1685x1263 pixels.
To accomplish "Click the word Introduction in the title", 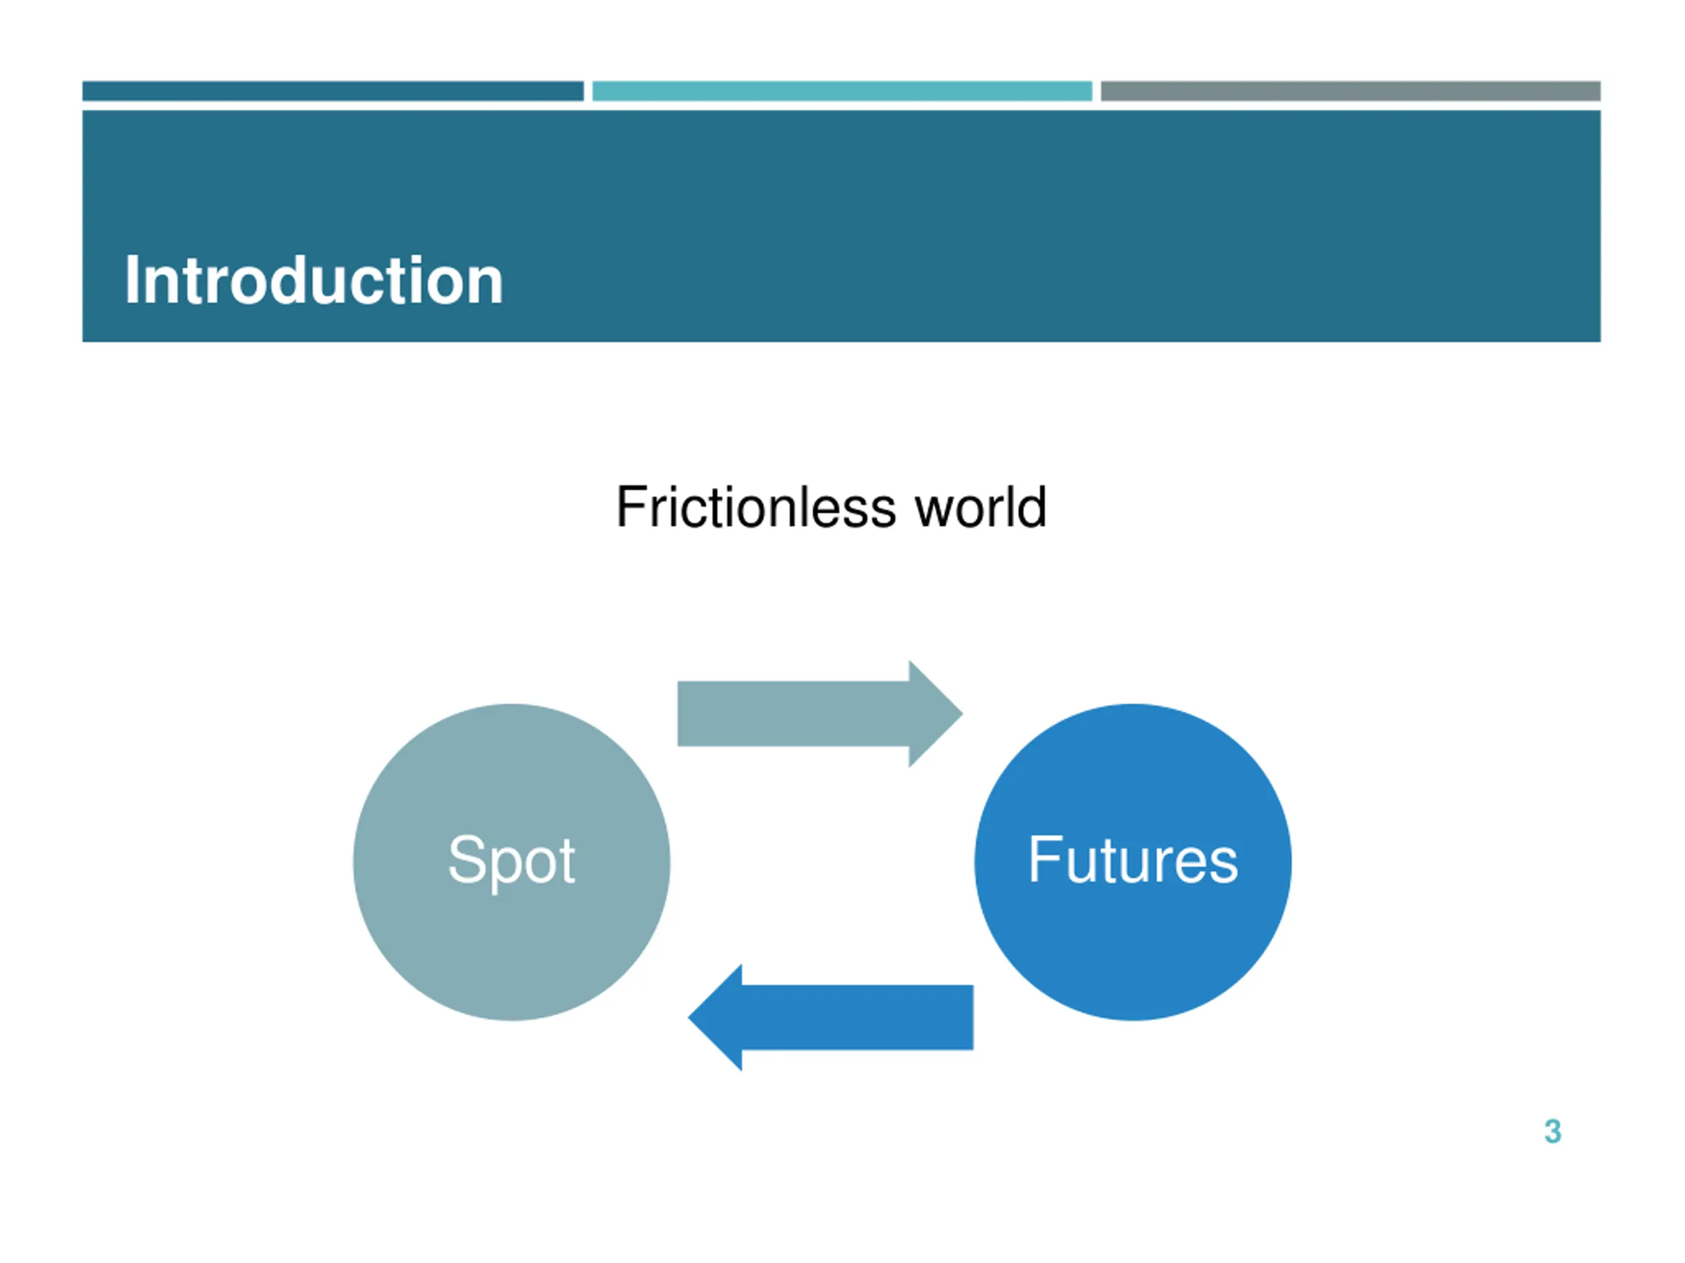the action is [x=313, y=280].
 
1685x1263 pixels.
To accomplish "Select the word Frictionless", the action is [x=755, y=507].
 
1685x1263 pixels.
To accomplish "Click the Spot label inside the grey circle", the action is [x=511, y=860].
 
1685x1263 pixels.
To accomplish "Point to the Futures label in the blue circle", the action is [x=1133, y=860].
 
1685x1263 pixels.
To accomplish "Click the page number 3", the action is [x=1553, y=1131].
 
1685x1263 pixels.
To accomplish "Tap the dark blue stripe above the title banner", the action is [x=333, y=91].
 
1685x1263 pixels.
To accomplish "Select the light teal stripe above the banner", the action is [x=842, y=91].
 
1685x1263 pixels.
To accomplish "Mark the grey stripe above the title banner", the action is [x=1350, y=91].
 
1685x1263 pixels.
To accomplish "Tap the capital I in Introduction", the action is [x=131, y=280].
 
